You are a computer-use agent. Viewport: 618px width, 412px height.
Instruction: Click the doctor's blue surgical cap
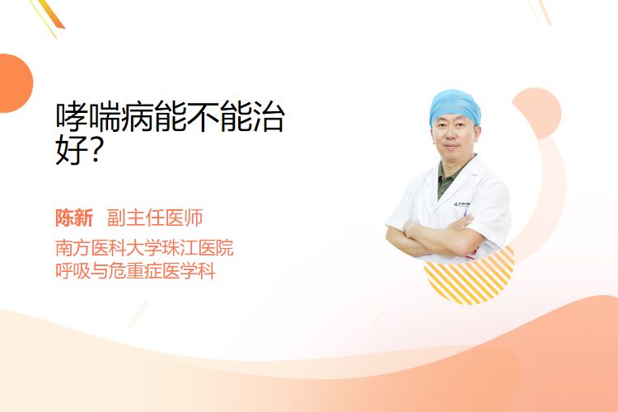[x=455, y=106]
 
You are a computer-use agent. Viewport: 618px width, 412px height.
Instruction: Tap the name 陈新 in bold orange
[x=74, y=218]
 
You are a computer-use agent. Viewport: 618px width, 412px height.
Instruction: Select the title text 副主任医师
[x=155, y=218]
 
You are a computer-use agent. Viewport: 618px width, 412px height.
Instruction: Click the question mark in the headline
[x=95, y=150]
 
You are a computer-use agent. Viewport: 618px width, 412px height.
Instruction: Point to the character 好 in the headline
[x=72, y=150]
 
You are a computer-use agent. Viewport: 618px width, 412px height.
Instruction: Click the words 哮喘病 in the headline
[x=104, y=117]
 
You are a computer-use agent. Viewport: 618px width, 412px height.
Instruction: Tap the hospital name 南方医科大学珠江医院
[x=144, y=248]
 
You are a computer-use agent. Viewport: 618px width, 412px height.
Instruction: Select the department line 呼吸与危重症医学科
[x=135, y=271]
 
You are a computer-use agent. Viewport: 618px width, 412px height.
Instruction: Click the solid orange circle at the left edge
[x=15, y=83]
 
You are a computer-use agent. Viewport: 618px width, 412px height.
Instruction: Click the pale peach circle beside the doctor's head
[x=537, y=113]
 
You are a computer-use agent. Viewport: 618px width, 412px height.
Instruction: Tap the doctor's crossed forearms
[x=433, y=236]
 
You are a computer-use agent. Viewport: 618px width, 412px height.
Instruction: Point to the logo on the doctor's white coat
[x=461, y=204]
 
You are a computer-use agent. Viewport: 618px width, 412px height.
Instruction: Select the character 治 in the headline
[x=268, y=117]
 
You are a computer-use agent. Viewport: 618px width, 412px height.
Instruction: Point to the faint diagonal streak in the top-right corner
[x=541, y=11]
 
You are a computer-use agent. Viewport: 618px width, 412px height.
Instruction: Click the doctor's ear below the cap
[x=479, y=134]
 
